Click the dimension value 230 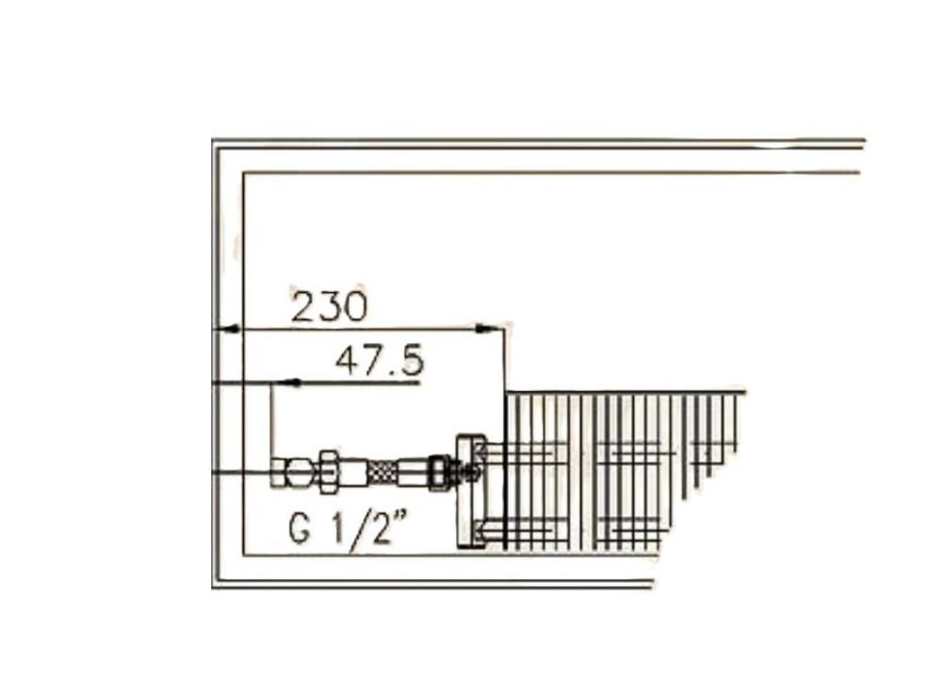[328, 306]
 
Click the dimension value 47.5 [379, 362]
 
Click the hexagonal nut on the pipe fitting [329, 472]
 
